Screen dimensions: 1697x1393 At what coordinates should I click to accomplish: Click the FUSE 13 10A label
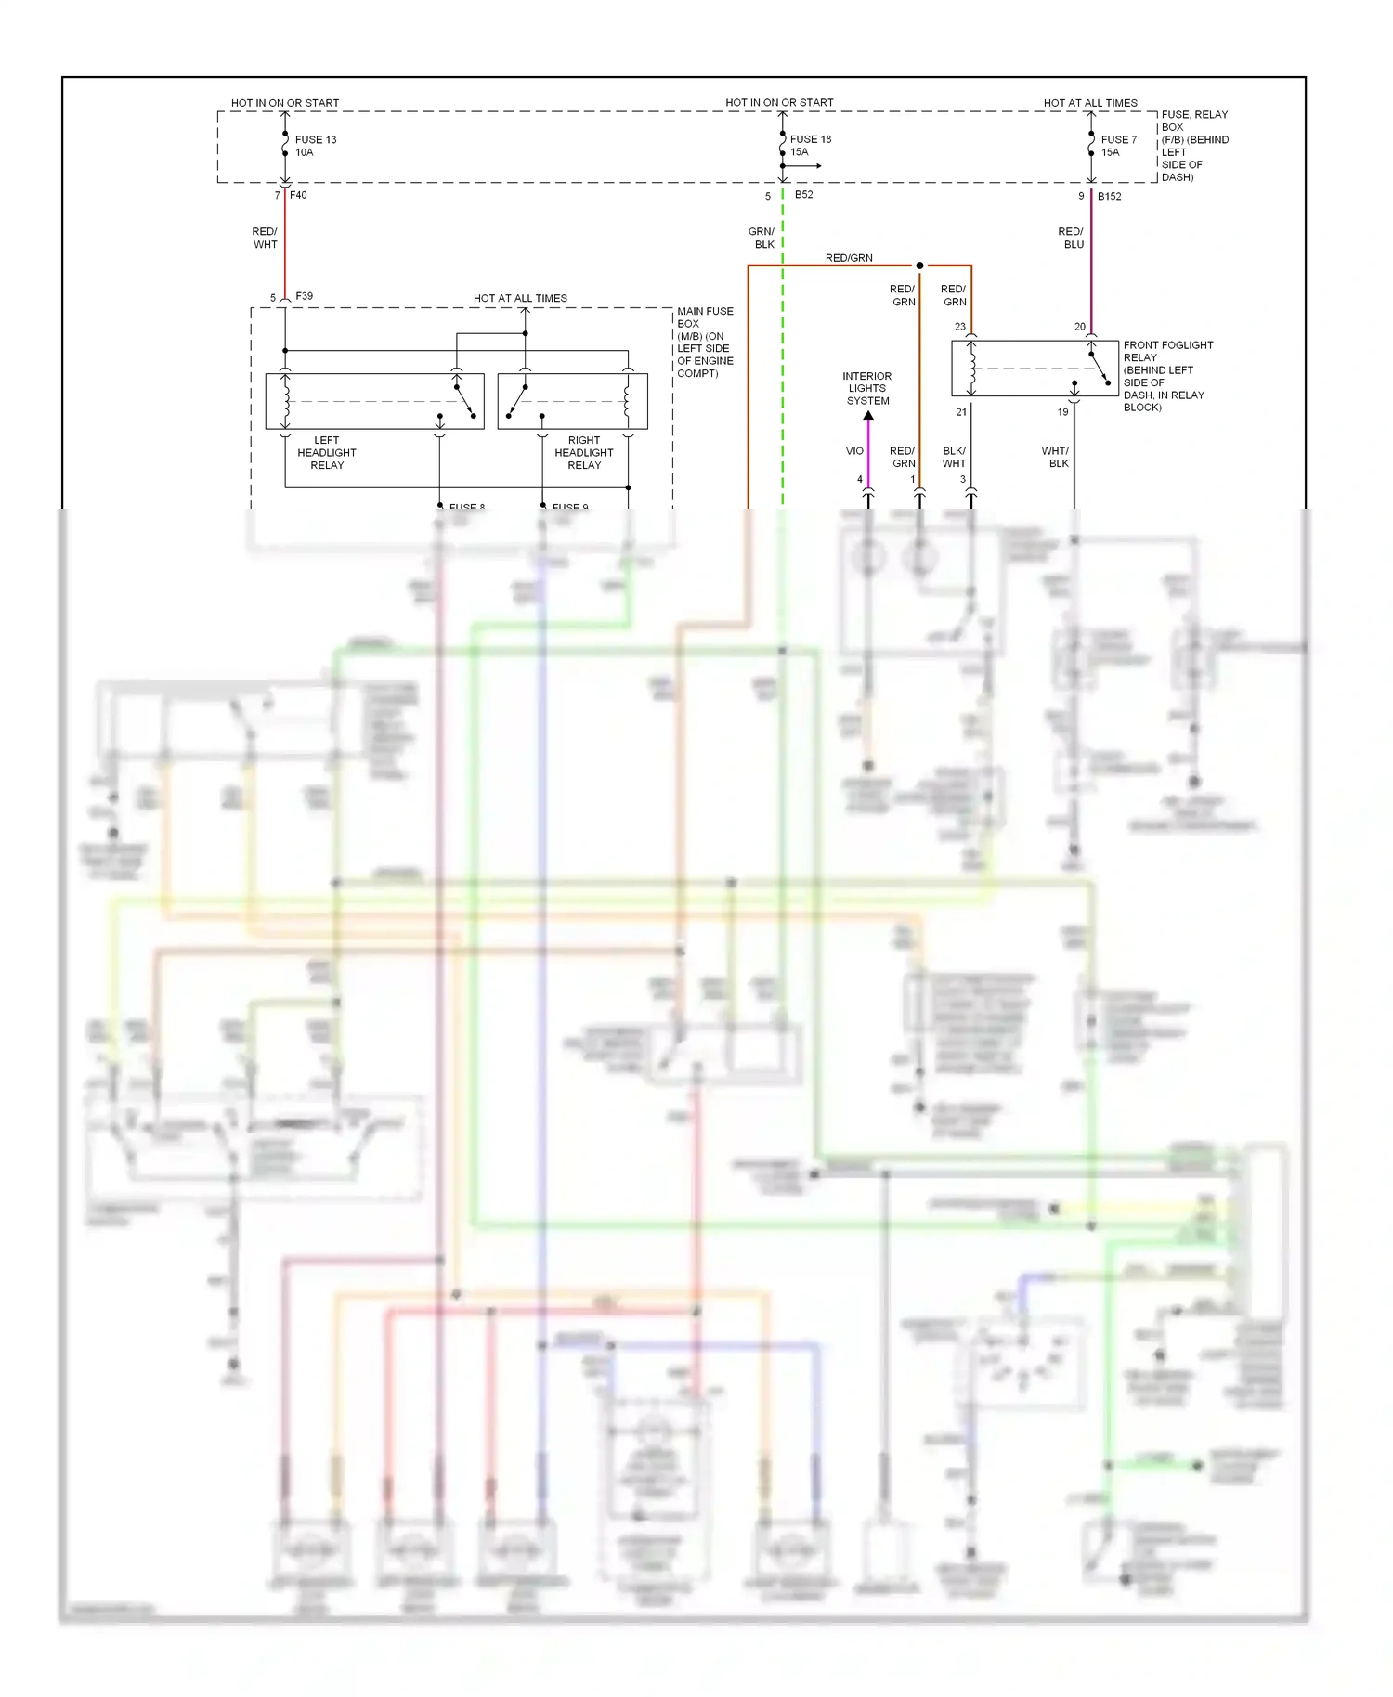315,146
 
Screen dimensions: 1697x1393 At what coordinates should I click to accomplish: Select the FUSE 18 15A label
810,145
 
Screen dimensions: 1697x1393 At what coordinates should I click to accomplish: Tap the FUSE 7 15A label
1118,146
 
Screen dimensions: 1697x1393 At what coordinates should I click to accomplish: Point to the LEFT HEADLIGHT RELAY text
326,452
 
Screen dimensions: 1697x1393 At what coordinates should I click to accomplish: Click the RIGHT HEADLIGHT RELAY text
583,452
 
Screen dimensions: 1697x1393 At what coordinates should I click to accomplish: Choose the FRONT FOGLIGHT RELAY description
1167,375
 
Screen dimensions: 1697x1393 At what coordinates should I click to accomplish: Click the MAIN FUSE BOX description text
705,342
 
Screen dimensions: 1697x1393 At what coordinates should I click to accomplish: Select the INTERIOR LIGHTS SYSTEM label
866,388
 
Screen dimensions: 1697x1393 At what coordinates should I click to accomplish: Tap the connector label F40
298,195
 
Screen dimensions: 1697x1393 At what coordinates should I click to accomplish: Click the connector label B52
803,194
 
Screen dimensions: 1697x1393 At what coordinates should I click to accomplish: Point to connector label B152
1109,196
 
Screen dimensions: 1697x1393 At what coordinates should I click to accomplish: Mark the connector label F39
304,296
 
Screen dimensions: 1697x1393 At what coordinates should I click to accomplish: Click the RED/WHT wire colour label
265,238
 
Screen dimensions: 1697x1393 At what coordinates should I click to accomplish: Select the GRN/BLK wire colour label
762,238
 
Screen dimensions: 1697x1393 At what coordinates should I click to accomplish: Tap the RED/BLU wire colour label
1071,238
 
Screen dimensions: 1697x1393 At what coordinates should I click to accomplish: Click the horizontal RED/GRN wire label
848,258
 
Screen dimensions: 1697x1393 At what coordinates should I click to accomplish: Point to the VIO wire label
854,450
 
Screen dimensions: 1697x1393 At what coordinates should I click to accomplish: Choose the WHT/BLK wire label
1056,457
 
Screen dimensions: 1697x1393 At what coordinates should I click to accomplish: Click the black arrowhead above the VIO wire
868,416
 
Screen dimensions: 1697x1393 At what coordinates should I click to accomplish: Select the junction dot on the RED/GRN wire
919,266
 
